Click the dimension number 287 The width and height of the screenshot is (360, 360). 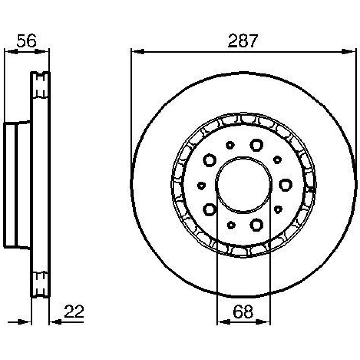(x=243, y=41)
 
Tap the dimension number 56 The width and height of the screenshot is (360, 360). (x=27, y=41)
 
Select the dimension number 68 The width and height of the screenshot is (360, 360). (x=243, y=311)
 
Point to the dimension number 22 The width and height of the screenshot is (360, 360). (x=74, y=311)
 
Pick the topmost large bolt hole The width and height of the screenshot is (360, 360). (x=256, y=145)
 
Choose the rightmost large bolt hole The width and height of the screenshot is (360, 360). (x=285, y=185)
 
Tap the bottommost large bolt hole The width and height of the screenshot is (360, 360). (x=256, y=225)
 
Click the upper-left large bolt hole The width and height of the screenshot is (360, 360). (x=210, y=160)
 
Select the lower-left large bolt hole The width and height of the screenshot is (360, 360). (x=210, y=210)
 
